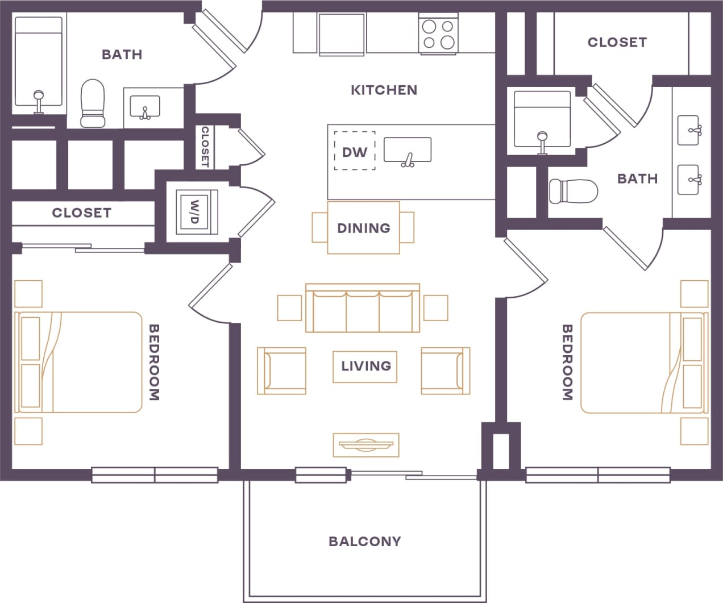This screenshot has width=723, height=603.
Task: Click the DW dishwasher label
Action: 354,152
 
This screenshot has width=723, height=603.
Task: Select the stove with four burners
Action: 438,34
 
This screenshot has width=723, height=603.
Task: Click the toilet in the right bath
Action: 573,191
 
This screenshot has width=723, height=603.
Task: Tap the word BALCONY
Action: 364,541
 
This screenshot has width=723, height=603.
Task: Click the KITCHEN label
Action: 384,90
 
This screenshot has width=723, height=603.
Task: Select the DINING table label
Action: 363,228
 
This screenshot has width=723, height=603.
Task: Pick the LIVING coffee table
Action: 365,366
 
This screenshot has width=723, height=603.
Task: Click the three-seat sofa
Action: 363,309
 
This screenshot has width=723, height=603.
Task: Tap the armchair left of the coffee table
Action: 282,371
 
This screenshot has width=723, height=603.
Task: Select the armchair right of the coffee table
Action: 445,371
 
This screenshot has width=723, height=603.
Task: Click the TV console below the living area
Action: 365,444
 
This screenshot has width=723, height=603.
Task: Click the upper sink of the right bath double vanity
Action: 688,130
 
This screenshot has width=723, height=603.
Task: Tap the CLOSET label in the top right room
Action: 617,42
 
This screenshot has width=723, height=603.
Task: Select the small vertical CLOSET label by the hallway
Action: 205,147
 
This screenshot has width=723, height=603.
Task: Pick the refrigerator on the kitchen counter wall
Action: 341,34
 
